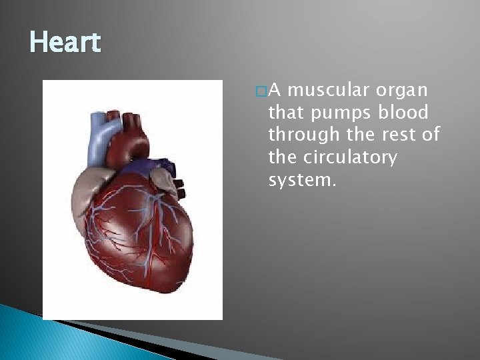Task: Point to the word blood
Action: tap(405, 113)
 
